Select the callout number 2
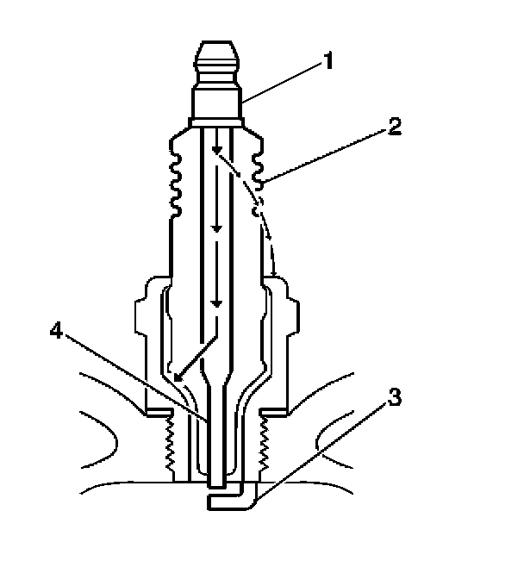point(393,128)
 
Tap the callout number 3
point(395,398)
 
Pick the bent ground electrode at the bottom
point(233,501)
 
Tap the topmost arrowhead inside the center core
point(217,153)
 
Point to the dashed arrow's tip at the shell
point(273,274)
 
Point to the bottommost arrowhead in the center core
point(217,304)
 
